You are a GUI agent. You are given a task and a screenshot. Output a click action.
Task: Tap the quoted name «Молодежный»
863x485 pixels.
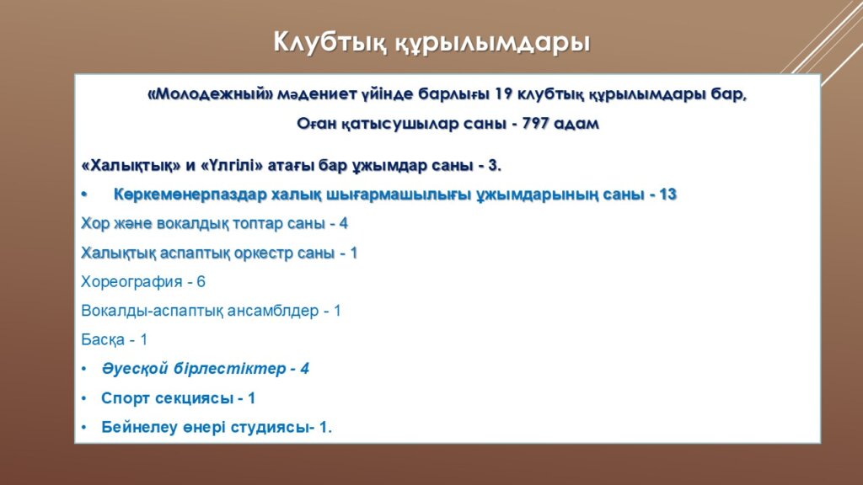pyautogui.click(x=210, y=94)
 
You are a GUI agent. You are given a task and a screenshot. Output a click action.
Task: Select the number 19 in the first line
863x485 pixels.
pyautogui.click(x=504, y=94)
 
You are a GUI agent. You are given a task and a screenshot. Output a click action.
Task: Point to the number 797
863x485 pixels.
pyautogui.click(x=535, y=123)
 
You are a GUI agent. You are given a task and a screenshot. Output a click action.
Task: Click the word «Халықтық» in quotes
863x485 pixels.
pyautogui.click(x=131, y=166)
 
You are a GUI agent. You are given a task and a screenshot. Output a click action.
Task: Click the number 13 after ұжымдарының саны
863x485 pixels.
pyautogui.click(x=667, y=195)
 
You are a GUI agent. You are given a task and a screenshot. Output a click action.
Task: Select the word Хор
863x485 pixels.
pyautogui.click(x=93, y=223)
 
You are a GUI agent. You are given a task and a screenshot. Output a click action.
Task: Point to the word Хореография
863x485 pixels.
pyautogui.click(x=131, y=282)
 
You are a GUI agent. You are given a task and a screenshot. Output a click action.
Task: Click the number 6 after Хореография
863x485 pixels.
pyautogui.click(x=201, y=281)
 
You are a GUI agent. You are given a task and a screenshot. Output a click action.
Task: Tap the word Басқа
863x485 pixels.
pyautogui.click(x=103, y=340)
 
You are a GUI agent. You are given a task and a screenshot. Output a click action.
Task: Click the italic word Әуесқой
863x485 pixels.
pyautogui.click(x=135, y=369)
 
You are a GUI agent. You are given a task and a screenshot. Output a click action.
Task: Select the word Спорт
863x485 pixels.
pyautogui.click(x=126, y=398)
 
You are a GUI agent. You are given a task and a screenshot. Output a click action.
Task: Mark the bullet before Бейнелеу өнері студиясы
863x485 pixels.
pyautogui.click(x=83, y=427)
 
